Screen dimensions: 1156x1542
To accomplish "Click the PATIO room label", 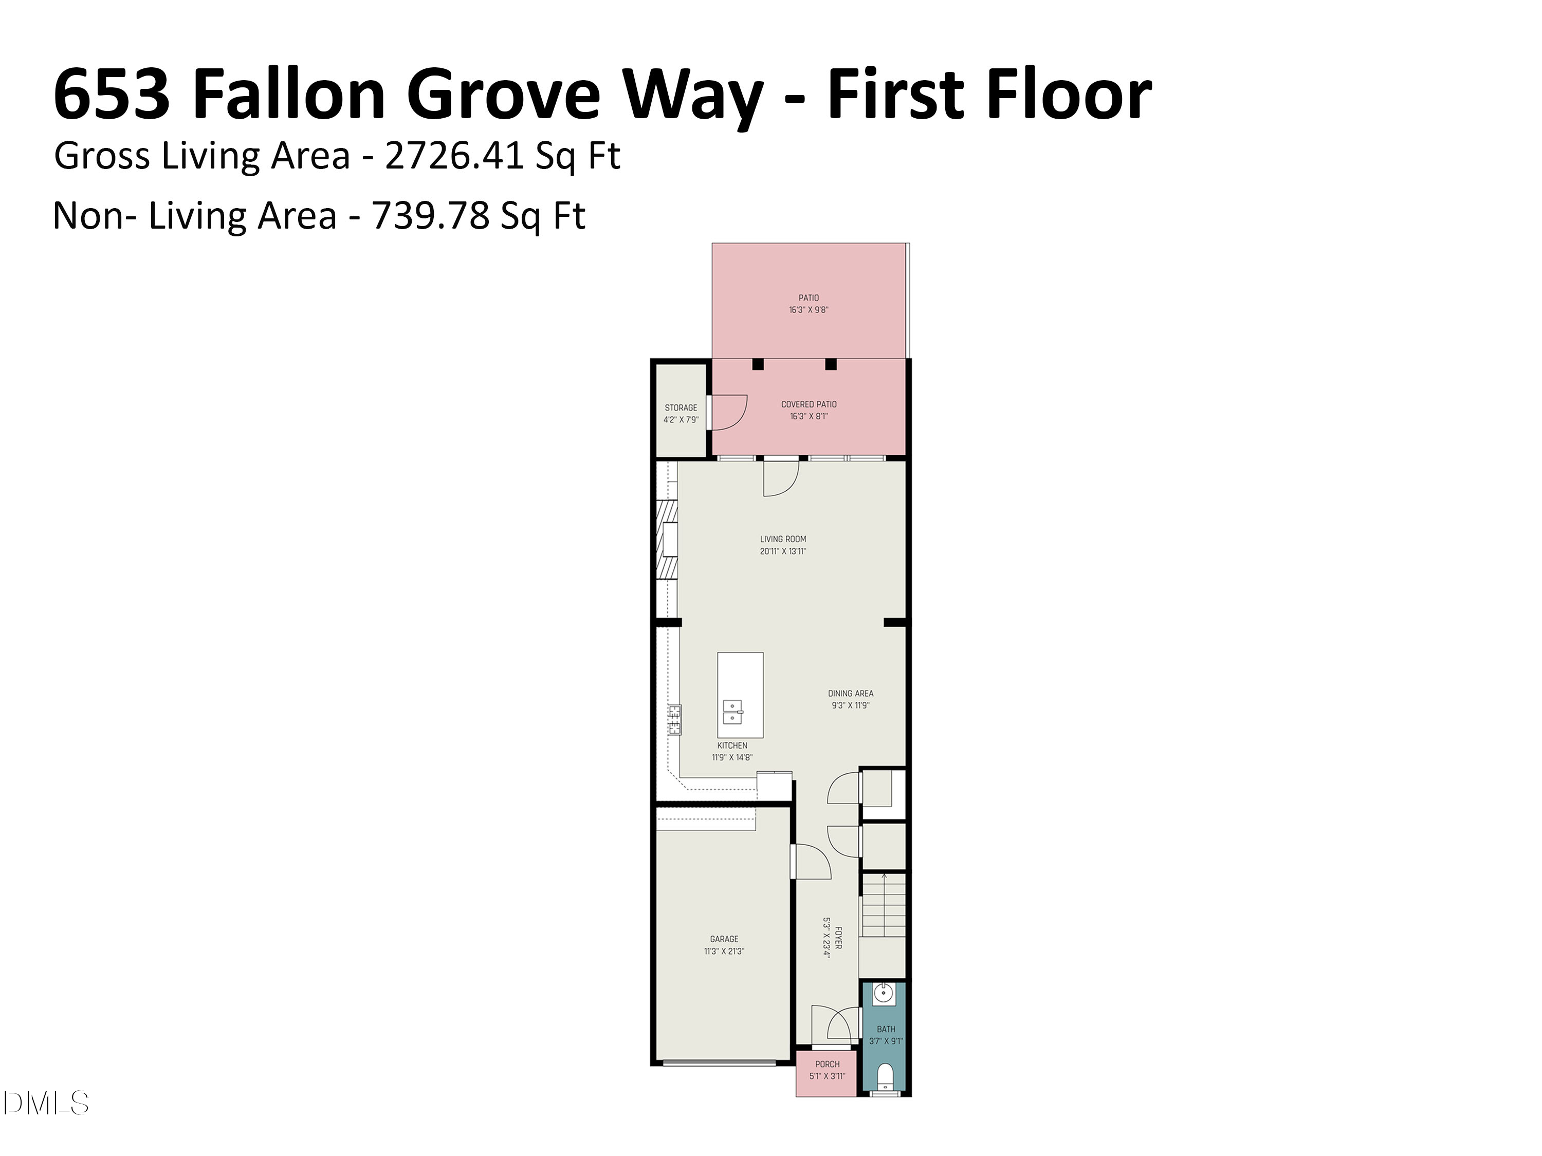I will [x=809, y=298].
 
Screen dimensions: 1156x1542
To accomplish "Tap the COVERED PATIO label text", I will [x=809, y=404].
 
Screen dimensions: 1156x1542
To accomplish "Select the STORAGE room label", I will [x=681, y=407].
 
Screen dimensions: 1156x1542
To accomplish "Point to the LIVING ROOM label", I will [x=783, y=538].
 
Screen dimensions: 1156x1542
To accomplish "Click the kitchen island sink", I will [x=731, y=712].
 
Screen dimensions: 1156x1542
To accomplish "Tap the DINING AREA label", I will [x=851, y=693].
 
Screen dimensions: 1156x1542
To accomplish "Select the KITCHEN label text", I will [x=732, y=745].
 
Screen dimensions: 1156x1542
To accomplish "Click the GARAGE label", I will [x=724, y=939].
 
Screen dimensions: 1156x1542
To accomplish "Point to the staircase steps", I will [x=883, y=906].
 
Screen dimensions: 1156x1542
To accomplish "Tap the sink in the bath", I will [x=883, y=994].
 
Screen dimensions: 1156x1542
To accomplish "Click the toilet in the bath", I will [x=885, y=1076].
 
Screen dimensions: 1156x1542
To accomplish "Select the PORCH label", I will [x=828, y=1064].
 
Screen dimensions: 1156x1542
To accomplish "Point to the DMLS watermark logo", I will [x=45, y=1103].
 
